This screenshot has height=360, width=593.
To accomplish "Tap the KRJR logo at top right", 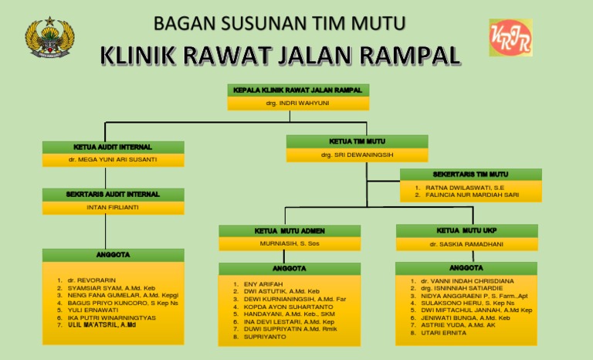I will click(510, 37).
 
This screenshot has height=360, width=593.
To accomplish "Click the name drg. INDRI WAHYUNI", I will click(298, 102).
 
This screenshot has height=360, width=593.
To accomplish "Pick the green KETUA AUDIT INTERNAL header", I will click(113, 147).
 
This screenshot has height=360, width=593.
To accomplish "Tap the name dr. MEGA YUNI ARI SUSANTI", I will click(113, 160).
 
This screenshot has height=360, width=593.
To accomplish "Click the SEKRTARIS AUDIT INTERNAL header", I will click(113, 194).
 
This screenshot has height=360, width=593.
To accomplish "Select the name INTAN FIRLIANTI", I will click(113, 207).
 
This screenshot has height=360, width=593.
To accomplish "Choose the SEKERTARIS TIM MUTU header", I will click(470, 175).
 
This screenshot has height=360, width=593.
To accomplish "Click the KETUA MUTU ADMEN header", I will click(290, 231).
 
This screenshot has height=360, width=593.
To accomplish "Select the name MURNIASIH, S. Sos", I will click(290, 244).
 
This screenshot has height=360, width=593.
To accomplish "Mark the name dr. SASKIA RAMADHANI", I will click(466, 244).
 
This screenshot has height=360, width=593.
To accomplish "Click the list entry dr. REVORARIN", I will click(92, 280).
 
